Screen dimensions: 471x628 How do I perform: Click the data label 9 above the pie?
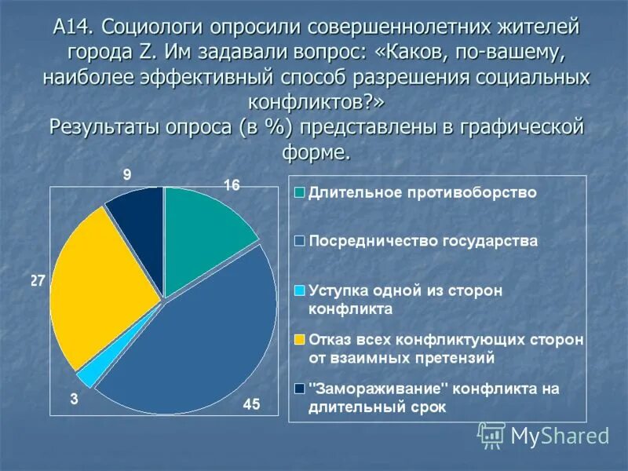126,174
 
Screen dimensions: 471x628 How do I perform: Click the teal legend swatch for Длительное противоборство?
299,192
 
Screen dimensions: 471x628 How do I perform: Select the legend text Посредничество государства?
423,241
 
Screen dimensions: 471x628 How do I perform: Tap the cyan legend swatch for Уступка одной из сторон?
299,290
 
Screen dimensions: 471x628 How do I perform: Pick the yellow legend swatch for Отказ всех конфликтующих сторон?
299,339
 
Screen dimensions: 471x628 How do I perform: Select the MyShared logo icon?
491,434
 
